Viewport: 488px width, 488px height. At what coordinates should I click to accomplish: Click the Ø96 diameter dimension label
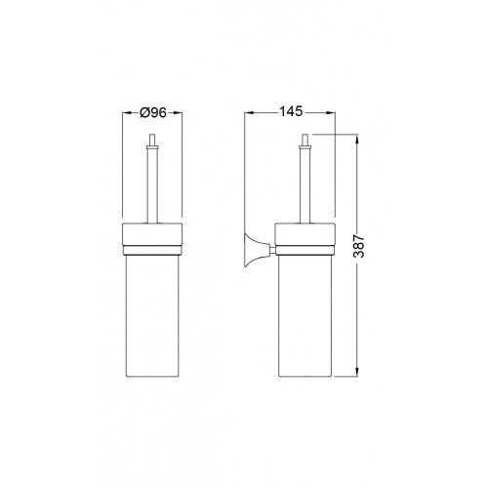coord(153,112)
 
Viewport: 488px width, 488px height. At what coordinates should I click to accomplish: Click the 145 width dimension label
coord(291,111)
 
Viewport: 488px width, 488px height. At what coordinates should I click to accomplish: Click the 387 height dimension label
coord(359,246)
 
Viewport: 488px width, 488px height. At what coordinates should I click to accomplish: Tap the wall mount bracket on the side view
coord(255,250)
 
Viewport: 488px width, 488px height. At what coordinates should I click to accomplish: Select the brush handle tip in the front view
coord(152,140)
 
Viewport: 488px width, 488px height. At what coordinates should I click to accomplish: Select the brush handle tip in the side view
coord(305,140)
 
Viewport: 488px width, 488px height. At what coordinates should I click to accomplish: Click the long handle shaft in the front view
coord(152,184)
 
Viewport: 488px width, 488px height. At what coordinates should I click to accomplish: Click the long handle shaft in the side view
coord(305,184)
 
